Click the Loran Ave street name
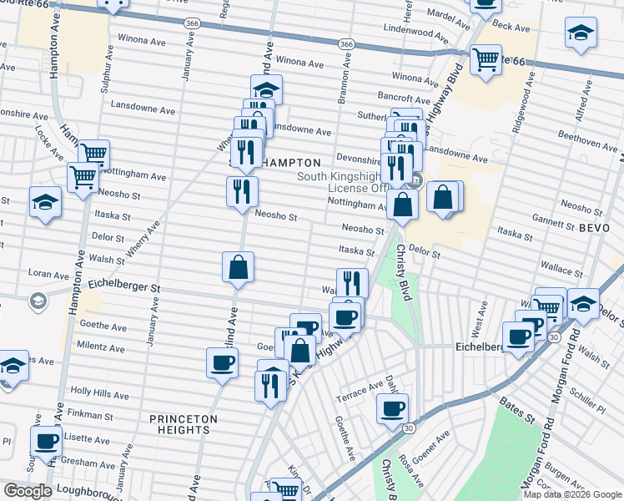coord(48,273)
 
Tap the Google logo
coord(28,491)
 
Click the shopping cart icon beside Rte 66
coord(486,59)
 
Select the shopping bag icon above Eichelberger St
coord(238,267)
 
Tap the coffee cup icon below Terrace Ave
coord(392,408)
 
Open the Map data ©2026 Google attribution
coord(572,494)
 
